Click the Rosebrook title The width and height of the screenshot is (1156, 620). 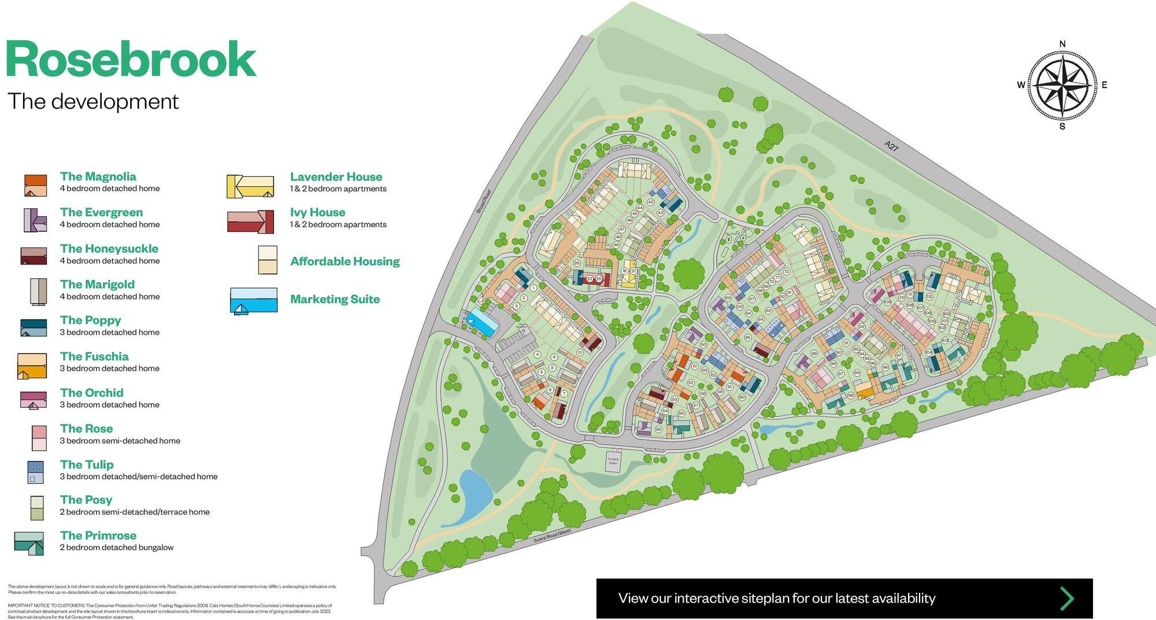pos(131,60)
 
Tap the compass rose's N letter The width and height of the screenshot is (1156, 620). pos(1062,44)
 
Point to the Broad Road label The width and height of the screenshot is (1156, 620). pos(484,202)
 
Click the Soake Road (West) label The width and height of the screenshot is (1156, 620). pos(552,536)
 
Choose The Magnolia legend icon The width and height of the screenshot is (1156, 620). pos(35,186)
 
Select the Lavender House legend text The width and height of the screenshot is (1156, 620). pos(336,177)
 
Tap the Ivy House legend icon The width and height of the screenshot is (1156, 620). pos(250,222)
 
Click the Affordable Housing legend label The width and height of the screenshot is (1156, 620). pos(344,261)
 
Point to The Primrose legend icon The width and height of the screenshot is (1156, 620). pos(29,543)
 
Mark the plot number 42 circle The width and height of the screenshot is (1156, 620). pos(650,202)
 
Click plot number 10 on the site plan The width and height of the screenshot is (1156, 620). pos(580,352)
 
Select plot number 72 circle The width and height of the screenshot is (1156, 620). pos(786,271)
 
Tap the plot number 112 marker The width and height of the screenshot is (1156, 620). pos(929,297)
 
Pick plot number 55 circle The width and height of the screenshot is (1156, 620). pos(658,429)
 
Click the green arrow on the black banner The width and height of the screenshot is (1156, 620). pos(1066,598)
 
